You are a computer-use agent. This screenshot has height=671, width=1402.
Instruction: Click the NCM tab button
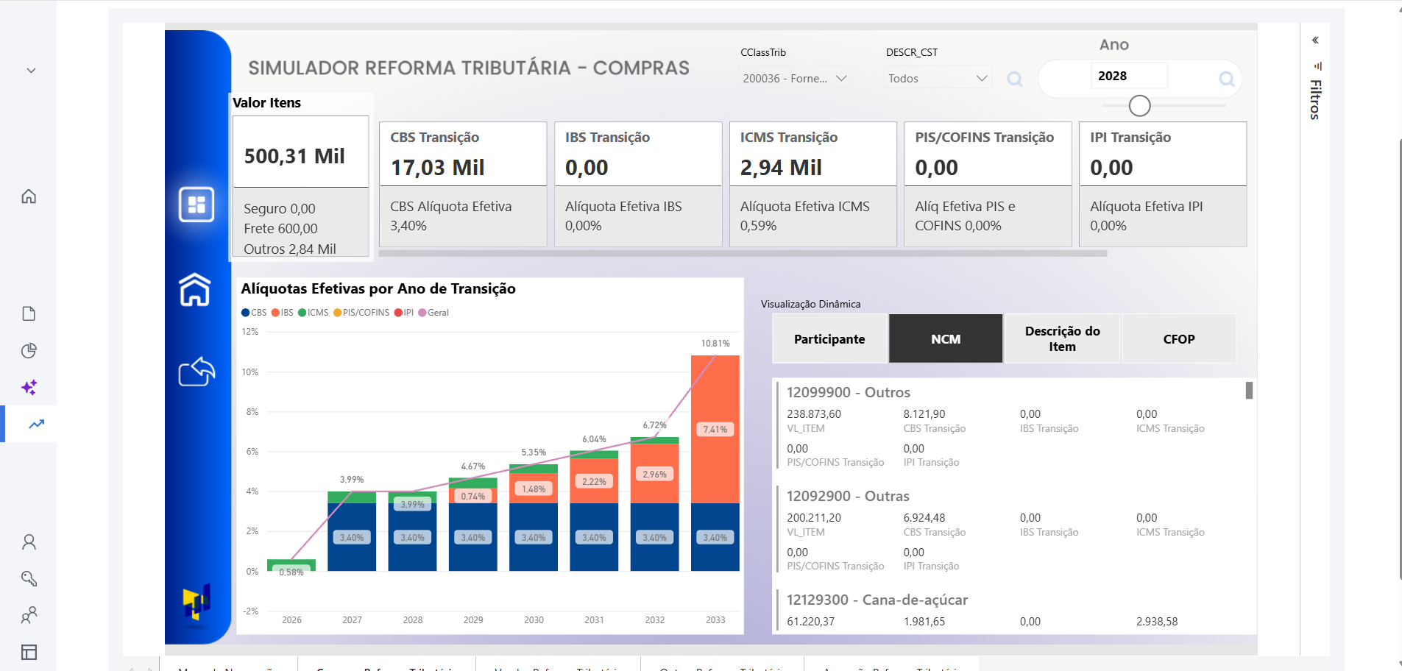(945, 339)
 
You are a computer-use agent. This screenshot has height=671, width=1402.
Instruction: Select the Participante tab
(829, 339)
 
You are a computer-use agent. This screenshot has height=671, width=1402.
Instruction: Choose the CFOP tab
(1178, 339)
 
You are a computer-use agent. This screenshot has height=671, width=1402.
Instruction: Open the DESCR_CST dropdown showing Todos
(937, 78)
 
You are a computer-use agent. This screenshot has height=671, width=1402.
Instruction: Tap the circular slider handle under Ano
(1139, 106)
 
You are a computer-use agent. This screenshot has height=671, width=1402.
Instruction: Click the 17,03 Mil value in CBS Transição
(437, 168)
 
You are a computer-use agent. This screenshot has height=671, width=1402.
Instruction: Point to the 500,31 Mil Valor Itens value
(294, 156)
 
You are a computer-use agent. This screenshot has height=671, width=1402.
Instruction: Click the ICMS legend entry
(314, 313)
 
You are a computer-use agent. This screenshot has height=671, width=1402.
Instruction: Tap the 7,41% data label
(715, 430)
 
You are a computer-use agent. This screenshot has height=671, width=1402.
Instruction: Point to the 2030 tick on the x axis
(534, 620)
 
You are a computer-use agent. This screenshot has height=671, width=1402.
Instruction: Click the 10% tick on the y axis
(250, 372)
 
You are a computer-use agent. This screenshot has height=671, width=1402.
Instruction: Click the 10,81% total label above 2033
(715, 344)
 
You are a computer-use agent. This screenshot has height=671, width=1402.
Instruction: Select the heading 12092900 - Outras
(848, 496)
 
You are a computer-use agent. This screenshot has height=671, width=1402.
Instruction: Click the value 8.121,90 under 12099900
(924, 414)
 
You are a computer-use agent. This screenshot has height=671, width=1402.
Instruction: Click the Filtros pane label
(1315, 99)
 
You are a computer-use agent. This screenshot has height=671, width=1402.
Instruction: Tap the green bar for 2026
(291, 565)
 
